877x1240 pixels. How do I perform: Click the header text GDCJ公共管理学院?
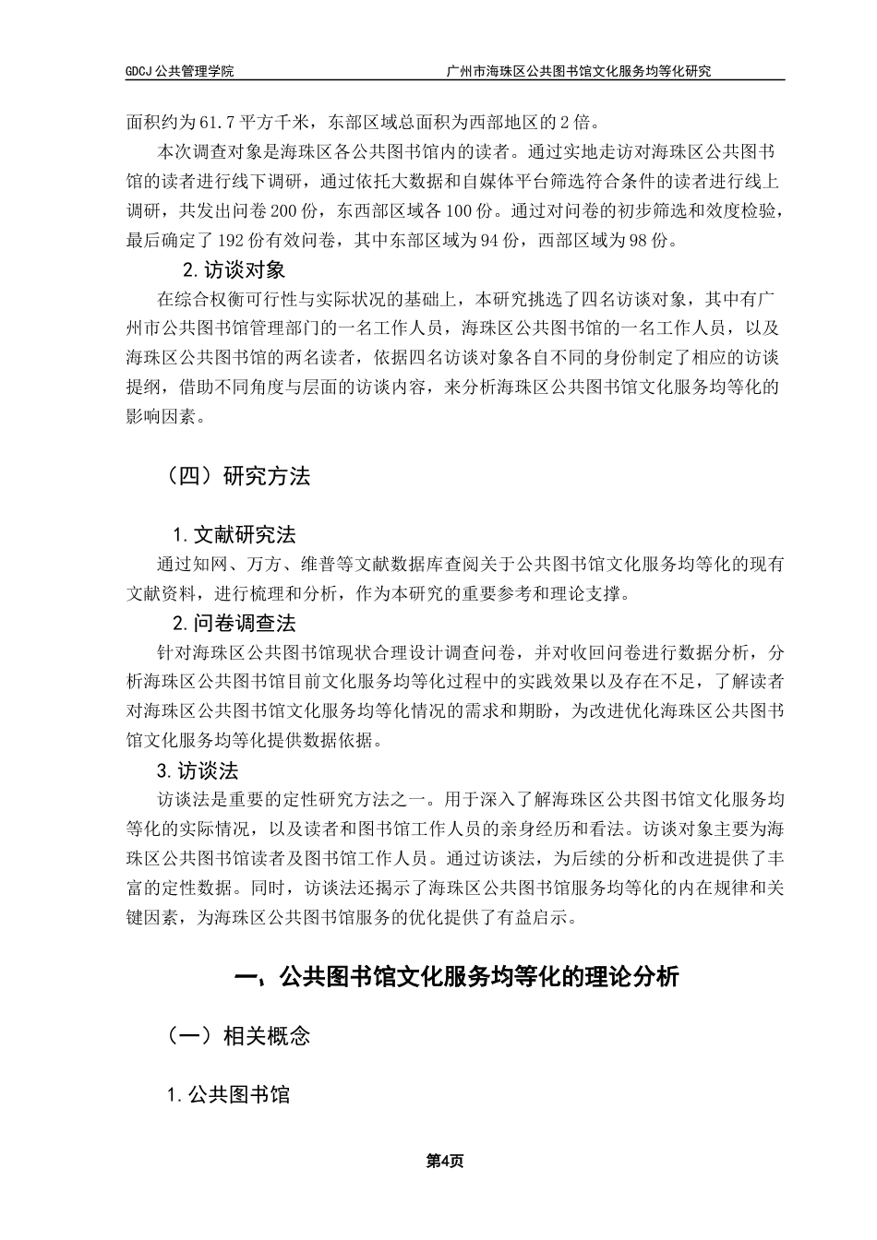[180, 71]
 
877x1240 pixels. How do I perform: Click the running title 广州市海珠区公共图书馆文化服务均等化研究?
[579, 71]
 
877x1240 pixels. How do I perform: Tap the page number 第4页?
[444, 1161]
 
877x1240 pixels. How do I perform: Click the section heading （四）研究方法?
[235, 476]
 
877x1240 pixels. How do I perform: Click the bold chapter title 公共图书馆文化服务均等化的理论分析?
[478, 976]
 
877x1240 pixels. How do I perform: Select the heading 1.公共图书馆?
[228, 1094]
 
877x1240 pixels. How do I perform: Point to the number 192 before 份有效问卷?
[232, 242]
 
